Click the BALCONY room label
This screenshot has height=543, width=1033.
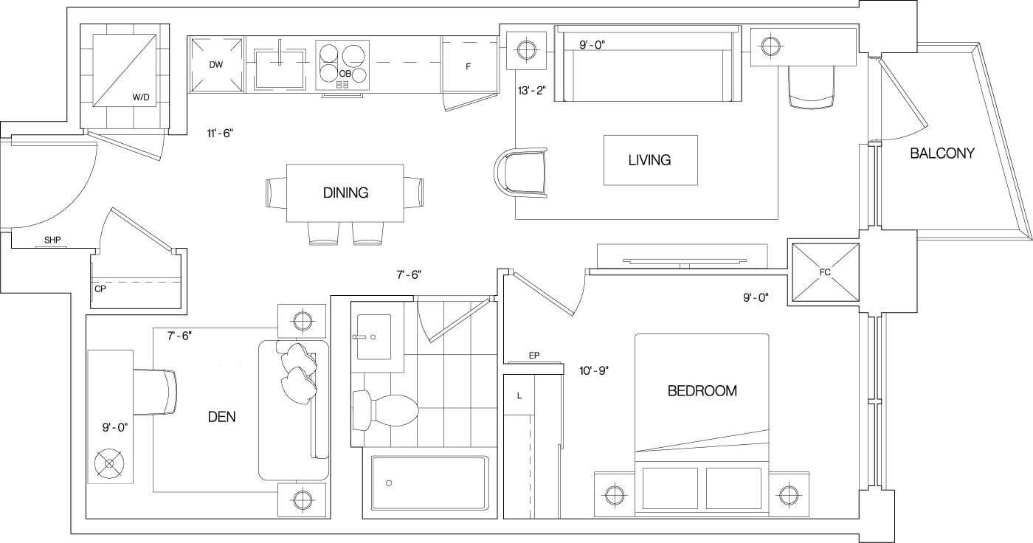pos(942,153)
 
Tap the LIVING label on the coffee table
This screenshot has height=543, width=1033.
pos(649,160)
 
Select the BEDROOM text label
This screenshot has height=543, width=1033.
pos(702,391)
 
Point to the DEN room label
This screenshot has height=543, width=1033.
pos(221,417)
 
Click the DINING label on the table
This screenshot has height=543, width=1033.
pos(345,193)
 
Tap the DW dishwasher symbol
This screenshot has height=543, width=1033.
pos(216,65)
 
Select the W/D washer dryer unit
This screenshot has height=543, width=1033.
pos(125,70)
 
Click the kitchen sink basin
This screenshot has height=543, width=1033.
pos(280,68)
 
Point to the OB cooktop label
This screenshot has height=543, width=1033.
pos(345,74)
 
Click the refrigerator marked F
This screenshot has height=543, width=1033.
pos(468,66)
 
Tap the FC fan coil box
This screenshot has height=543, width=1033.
pos(824,272)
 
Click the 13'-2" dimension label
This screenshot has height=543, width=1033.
pos(531,91)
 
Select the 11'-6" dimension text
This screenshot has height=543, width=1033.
pos(220,134)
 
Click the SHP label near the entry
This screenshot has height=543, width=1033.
pos(52,241)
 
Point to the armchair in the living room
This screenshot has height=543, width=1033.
pos(522,173)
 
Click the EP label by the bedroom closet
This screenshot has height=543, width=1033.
pos(534,356)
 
